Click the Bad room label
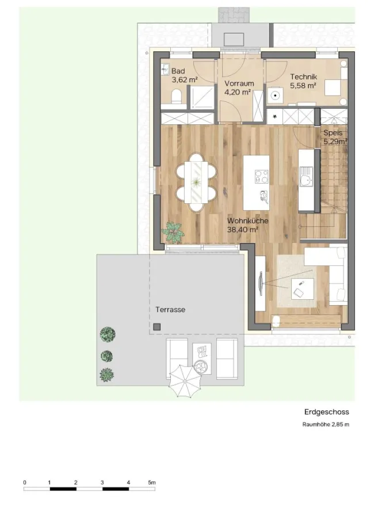178,71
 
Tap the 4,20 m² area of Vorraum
238,92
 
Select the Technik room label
304,77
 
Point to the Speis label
333,133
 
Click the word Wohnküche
248,221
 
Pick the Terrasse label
170,310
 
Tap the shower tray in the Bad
201,97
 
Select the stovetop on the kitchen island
261,177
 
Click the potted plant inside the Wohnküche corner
173,232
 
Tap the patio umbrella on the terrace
185,381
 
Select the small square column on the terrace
157,326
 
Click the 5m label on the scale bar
152,482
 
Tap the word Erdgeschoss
326,412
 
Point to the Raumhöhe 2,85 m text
326,424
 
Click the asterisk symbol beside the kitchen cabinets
275,117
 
